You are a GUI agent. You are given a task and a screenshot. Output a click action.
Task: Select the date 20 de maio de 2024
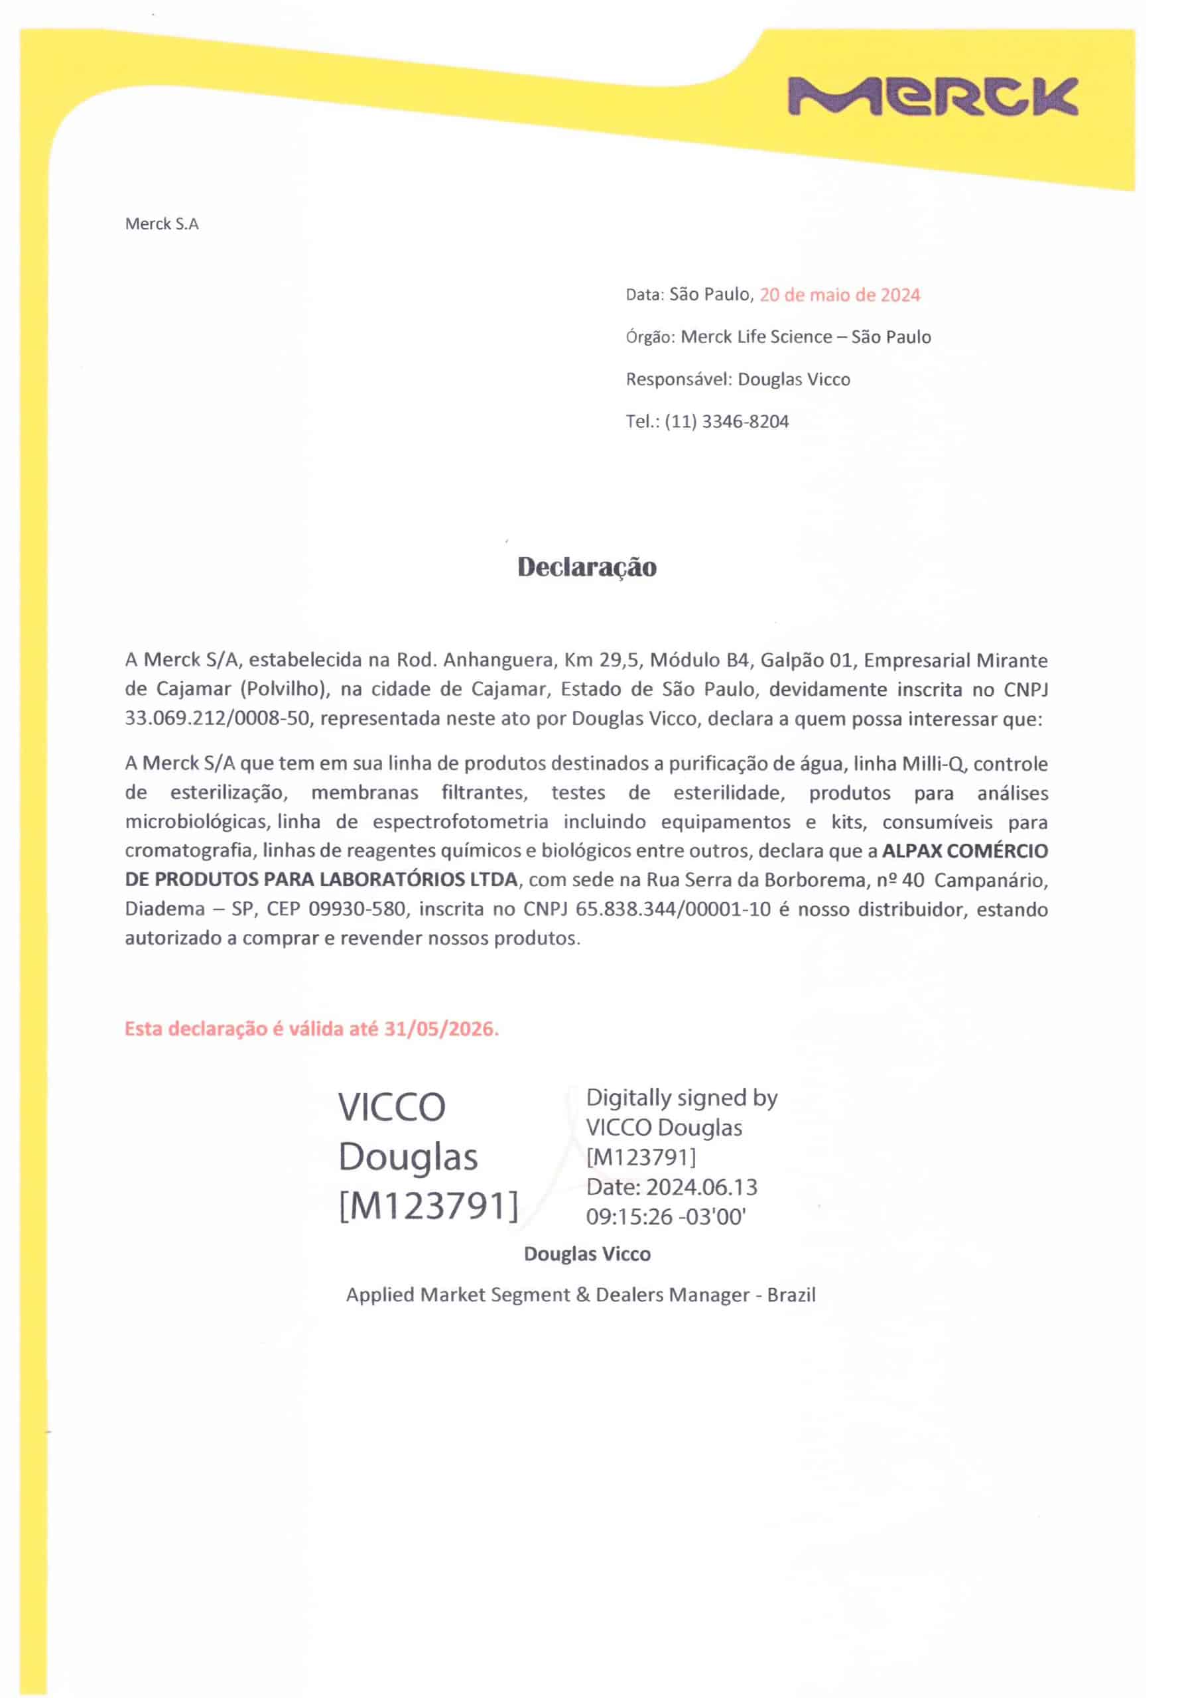pyautogui.click(x=839, y=295)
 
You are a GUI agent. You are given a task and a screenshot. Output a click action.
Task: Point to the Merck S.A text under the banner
pyautogui.click(x=162, y=224)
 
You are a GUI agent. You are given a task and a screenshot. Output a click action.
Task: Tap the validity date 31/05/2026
pyautogui.click(x=440, y=1029)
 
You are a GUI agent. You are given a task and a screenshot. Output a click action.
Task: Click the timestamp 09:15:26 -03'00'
pyautogui.click(x=666, y=1217)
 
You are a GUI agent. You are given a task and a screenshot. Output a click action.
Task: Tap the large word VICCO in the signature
pyautogui.click(x=392, y=1108)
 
